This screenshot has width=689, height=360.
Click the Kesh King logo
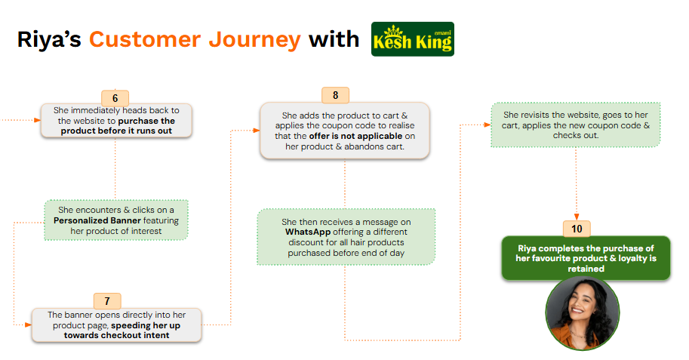(x=413, y=39)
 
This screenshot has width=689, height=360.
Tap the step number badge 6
(x=115, y=98)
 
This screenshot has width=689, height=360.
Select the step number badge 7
(x=107, y=300)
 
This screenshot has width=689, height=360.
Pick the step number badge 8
(x=335, y=95)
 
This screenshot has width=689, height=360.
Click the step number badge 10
(x=577, y=229)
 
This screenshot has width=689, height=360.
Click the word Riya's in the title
(x=49, y=39)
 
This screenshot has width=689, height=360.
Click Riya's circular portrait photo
(x=582, y=312)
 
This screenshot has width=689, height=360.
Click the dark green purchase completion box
(x=586, y=258)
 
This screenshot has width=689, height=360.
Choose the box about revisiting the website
(x=576, y=125)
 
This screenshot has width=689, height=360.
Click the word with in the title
(x=333, y=39)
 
